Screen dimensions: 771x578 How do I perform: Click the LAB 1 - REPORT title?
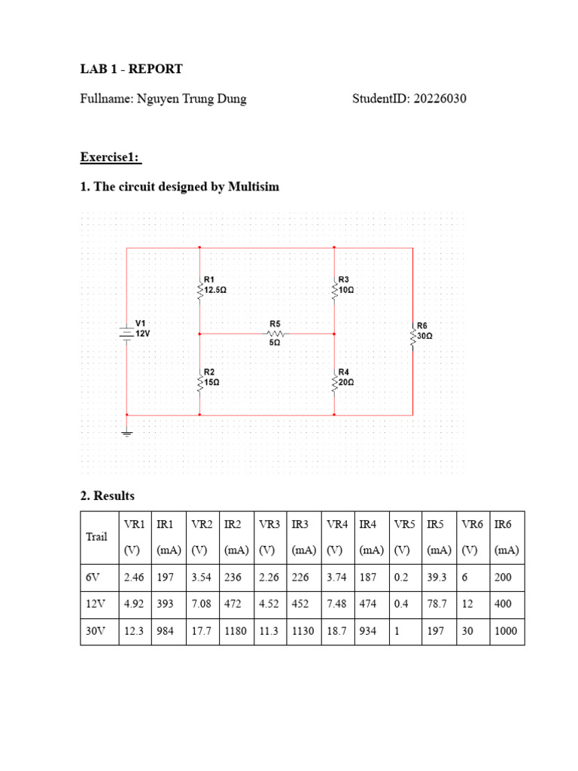(131, 69)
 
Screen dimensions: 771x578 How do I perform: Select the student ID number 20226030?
(438, 99)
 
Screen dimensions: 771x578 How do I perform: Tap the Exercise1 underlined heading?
(111, 157)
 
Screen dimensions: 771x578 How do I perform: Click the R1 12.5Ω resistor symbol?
(199, 290)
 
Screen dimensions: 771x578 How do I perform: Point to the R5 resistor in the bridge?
(275, 332)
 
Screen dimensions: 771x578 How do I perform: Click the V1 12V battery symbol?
(126, 332)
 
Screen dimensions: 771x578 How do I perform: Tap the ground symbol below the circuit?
(126, 432)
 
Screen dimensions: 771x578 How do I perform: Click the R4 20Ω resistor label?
(345, 377)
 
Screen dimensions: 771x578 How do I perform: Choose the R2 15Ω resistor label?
(211, 377)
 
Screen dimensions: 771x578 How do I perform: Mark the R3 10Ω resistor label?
(345, 285)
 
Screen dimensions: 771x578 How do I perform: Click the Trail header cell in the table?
(96, 537)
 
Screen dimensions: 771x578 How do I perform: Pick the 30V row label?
(93, 632)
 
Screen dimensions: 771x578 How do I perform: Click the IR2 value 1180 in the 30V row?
(235, 632)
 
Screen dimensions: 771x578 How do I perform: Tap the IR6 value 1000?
(506, 632)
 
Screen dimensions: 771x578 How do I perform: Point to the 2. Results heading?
(107, 495)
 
